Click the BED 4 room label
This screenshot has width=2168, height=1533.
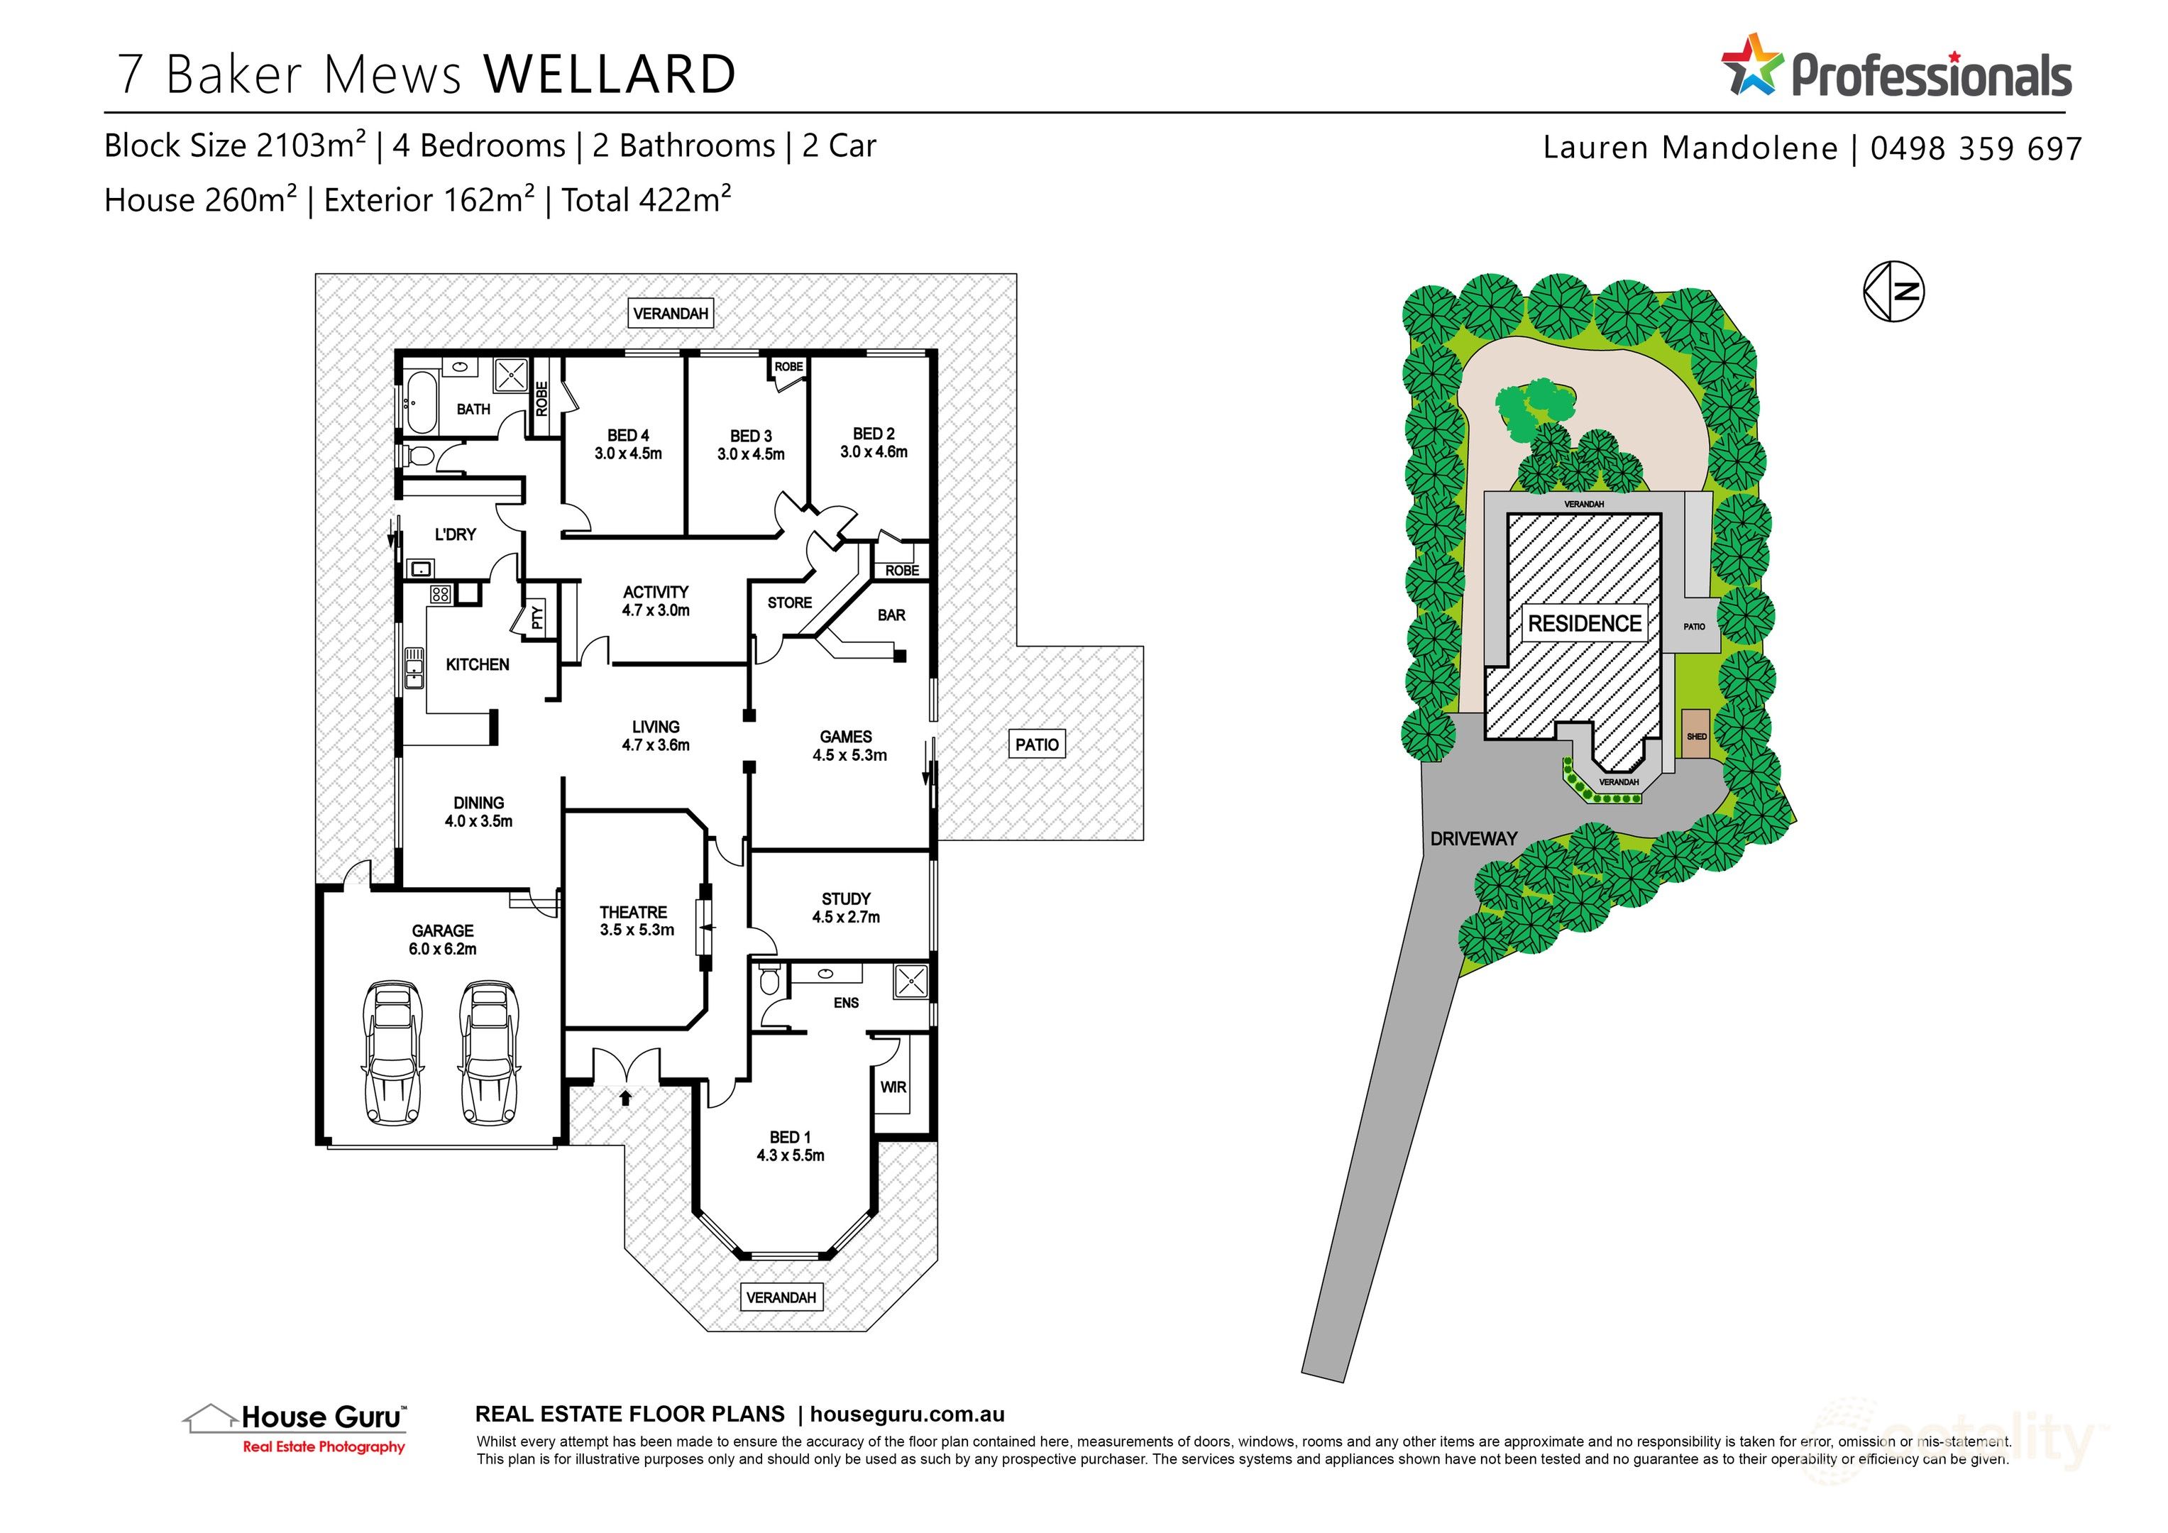click(x=628, y=436)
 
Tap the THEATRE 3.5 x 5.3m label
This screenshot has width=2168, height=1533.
click(x=635, y=921)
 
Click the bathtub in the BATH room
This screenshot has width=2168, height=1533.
click(x=421, y=403)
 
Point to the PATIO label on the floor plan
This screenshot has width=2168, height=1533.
click(x=1037, y=744)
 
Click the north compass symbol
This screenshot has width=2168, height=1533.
click(x=1893, y=291)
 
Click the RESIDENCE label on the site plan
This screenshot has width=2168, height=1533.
click(x=1585, y=623)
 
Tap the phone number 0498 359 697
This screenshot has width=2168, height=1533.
click(x=1976, y=148)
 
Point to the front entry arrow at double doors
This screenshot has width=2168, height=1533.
click(x=625, y=1097)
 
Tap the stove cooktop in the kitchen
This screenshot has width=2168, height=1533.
click(x=440, y=594)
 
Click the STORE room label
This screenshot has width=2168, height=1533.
click(x=789, y=603)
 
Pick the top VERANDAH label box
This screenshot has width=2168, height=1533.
click(x=671, y=314)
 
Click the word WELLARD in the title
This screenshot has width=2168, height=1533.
click(x=610, y=75)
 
